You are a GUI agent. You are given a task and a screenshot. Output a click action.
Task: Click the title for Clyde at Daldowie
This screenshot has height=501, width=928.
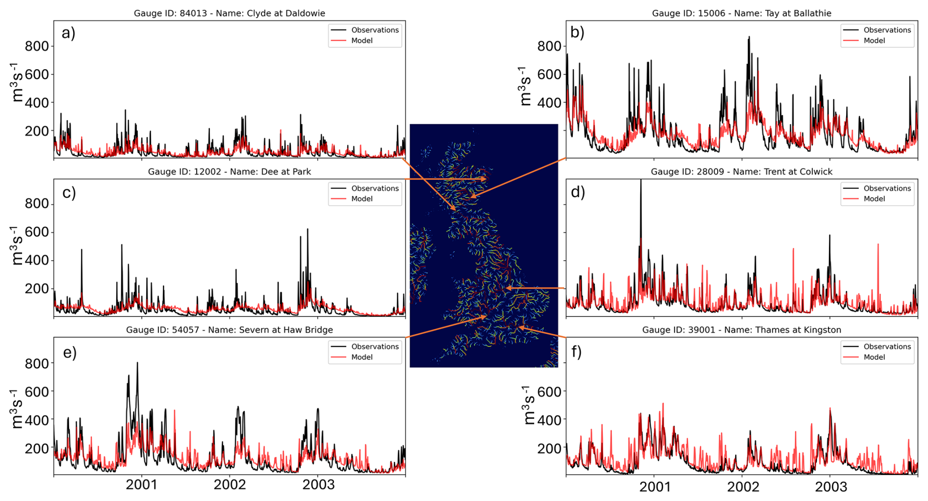[x=230, y=13]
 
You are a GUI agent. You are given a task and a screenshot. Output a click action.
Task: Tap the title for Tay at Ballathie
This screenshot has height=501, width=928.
[x=742, y=13]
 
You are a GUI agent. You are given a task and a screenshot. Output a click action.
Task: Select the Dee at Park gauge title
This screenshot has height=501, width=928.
[x=230, y=172]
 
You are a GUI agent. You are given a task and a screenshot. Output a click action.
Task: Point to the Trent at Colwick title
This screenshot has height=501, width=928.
[x=742, y=172]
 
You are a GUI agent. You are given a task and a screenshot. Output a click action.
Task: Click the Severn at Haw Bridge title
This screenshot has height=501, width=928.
[x=230, y=330]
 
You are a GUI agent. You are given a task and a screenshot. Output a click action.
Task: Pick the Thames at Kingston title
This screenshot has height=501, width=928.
[x=742, y=330]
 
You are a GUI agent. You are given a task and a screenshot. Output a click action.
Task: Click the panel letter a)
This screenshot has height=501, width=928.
[x=69, y=33]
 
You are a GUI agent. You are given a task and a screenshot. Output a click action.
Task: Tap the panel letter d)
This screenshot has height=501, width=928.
[x=578, y=192]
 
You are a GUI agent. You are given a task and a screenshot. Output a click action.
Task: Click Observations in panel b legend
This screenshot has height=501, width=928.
[x=887, y=30]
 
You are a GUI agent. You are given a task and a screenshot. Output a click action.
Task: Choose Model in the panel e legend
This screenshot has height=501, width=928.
[x=362, y=357]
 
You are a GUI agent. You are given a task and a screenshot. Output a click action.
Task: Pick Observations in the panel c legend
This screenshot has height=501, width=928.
[x=375, y=188]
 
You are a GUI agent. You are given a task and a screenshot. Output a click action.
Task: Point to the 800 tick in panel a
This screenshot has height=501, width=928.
[x=37, y=46]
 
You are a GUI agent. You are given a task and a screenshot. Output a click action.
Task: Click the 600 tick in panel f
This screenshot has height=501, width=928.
[x=549, y=392]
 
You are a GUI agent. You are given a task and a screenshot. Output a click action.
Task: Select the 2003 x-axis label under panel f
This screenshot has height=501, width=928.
[x=830, y=487]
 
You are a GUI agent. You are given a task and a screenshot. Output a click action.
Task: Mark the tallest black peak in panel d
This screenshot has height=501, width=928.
[x=641, y=181]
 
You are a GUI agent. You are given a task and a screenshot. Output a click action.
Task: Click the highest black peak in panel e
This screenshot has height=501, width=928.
[x=137, y=363]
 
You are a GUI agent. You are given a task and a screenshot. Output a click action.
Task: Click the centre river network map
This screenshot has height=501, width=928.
[x=484, y=245]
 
